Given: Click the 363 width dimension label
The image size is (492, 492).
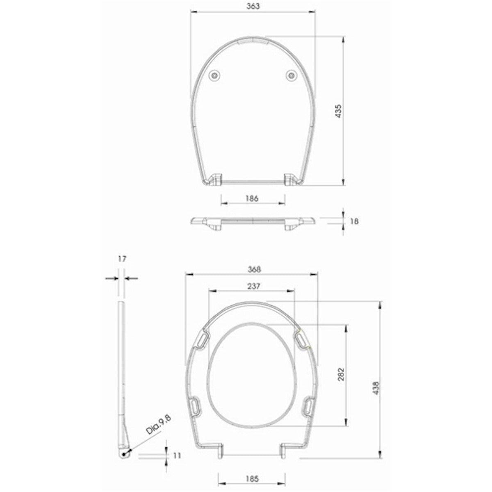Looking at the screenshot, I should (x=253, y=6).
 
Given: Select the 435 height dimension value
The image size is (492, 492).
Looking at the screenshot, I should (x=339, y=111).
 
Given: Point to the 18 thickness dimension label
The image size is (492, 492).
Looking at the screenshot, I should (x=355, y=221).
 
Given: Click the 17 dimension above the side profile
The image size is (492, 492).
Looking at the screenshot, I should (x=121, y=259).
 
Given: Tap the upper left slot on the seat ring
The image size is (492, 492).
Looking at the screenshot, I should (x=203, y=340).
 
